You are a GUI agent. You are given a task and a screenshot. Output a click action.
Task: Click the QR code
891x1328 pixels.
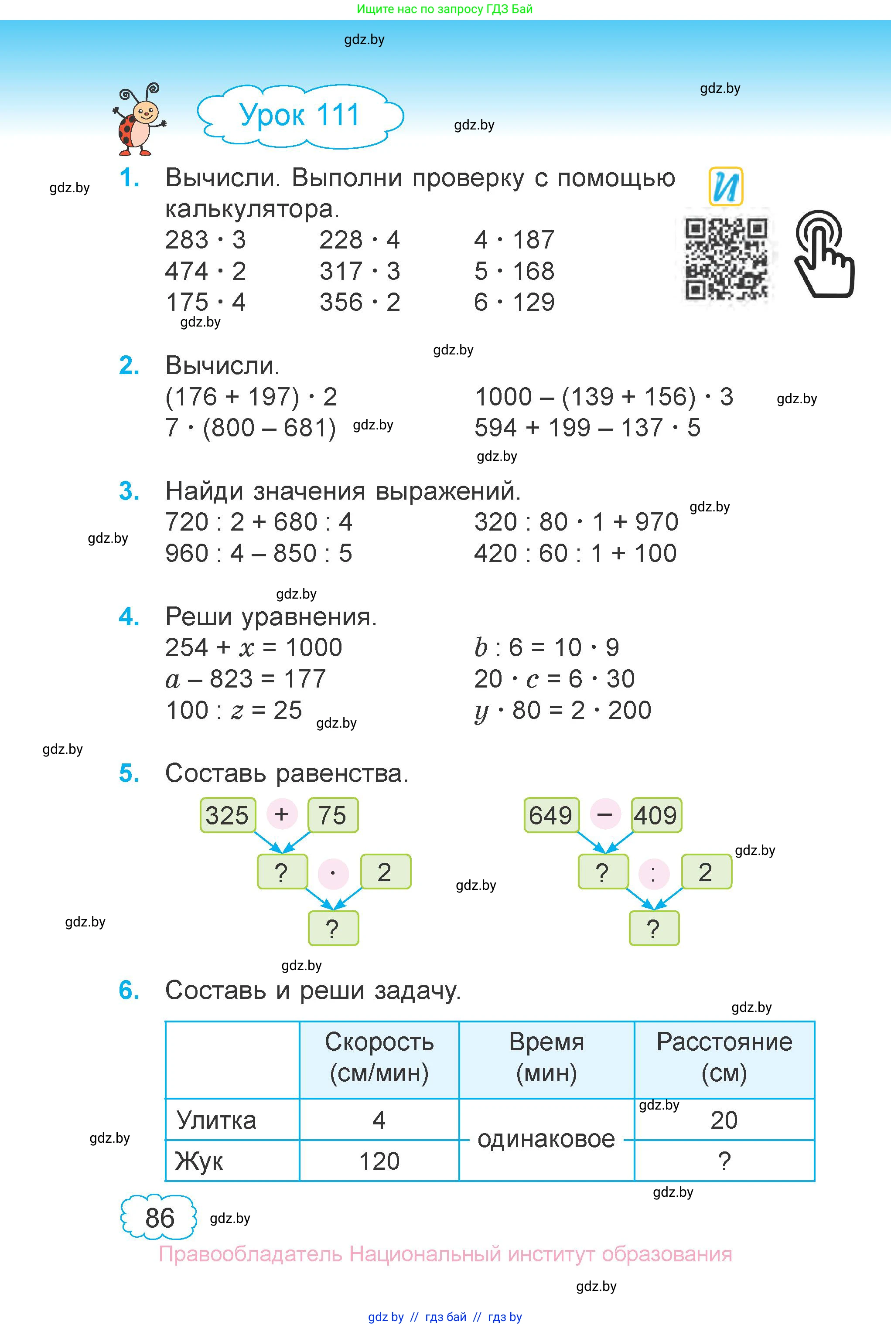[726, 259]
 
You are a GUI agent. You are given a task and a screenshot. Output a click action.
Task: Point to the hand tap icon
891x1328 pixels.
[823, 254]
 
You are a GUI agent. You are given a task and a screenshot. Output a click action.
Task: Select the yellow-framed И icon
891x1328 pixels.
[726, 186]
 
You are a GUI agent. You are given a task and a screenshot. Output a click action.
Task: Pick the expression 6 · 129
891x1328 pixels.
[514, 302]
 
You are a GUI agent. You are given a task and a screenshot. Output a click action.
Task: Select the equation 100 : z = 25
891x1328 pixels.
[234, 710]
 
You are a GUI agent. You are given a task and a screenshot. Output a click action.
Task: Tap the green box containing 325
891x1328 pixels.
[227, 815]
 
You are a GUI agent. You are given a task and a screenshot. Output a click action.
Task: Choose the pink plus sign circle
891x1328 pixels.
[282, 814]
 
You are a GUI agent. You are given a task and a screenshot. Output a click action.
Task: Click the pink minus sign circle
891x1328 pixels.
[604, 814]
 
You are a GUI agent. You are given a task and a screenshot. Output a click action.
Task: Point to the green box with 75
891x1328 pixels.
[332, 815]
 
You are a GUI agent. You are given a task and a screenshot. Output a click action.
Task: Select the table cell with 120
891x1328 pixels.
[379, 1161]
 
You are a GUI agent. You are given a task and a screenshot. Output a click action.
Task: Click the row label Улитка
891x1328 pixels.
[216, 1120]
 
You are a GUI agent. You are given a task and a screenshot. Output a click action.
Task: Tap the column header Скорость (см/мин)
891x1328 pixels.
[379, 1058]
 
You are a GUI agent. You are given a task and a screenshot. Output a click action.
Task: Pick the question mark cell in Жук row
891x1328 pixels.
[724, 1161]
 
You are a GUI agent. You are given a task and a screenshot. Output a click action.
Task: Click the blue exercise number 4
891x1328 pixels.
[129, 617]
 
